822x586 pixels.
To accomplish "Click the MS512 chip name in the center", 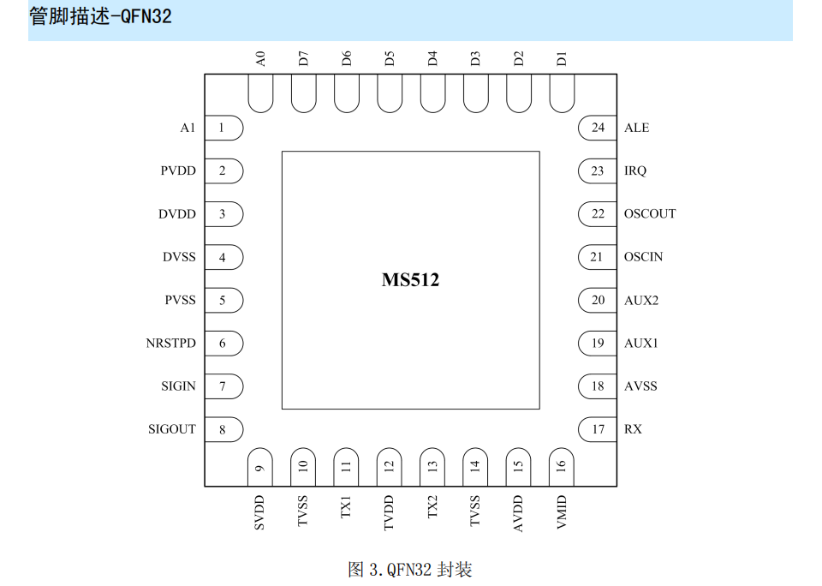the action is pos(410,279).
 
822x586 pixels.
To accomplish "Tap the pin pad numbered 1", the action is pos(223,128).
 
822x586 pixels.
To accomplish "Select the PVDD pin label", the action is pos(178,171).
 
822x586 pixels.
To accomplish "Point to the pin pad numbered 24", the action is pos(597,128).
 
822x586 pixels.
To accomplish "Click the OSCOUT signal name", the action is pos(650,214).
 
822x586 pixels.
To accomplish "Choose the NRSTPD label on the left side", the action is pos(171,343).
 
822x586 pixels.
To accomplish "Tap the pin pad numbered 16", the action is pos(562,467).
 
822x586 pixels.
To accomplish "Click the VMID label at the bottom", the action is pos(562,512).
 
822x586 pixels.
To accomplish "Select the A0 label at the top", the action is pos(260,59).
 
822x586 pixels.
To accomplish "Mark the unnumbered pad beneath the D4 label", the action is pos(432,93).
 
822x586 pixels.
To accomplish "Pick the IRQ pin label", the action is pos(635,171).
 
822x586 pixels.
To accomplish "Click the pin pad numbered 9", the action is pos(260,467).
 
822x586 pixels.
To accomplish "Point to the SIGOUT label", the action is pos(172,429).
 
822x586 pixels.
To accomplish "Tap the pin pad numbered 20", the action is pos(597,300).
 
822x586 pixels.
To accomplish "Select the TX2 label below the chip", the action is pos(432,507).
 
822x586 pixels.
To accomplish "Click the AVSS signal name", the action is pos(640,386).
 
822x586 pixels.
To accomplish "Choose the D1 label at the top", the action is pos(562,59).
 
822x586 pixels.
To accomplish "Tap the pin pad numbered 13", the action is pos(432,467).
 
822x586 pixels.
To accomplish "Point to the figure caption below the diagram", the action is pos(410,569).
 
